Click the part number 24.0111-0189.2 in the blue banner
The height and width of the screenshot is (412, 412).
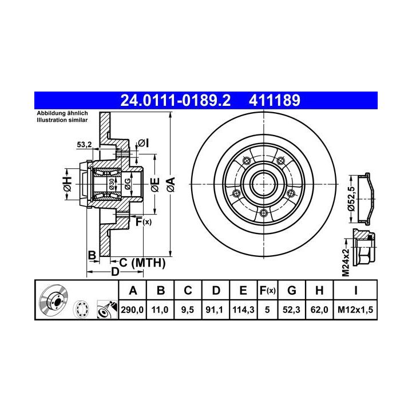tap(175, 100)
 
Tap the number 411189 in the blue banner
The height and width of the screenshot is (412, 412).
tap(274, 100)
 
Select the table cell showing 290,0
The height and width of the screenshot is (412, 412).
tap(132, 310)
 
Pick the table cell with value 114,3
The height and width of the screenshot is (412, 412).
tap(243, 310)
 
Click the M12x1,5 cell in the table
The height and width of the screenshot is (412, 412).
tap(355, 310)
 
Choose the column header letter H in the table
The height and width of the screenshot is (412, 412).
tap(319, 291)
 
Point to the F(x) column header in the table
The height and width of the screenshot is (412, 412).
tap(267, 291)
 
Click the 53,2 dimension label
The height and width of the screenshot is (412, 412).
tap(84, 145)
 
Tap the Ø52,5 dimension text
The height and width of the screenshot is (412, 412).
tap(351, 199)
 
